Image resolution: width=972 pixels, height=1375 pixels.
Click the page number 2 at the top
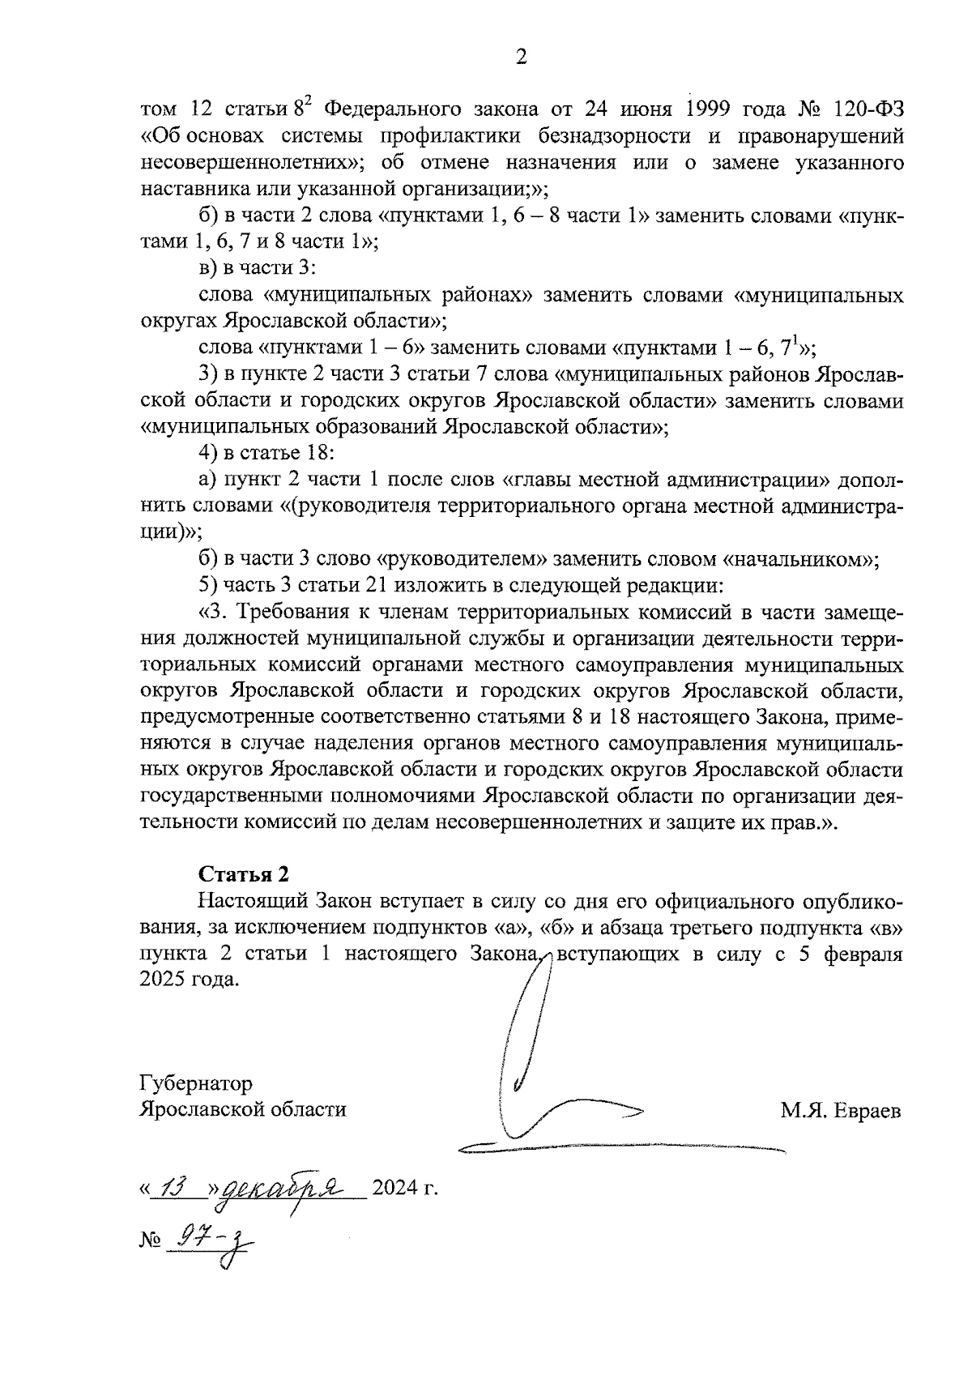[522, 57]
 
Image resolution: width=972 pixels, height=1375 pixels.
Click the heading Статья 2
[243, 875]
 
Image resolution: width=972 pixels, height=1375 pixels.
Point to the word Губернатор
[195, 1083]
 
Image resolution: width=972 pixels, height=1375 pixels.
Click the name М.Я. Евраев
[840, 1110]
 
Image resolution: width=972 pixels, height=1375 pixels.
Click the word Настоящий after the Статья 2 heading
[250, 902]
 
